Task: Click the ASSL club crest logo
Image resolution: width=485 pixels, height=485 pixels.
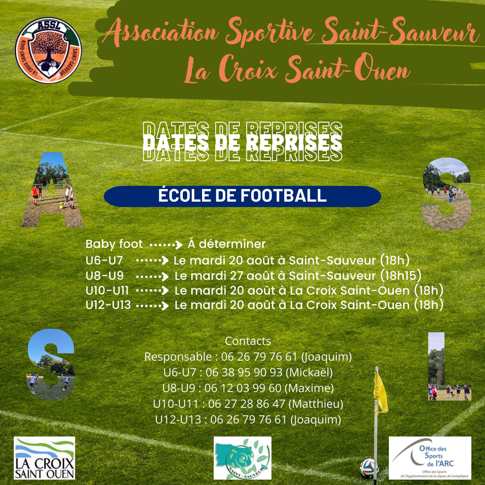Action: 48,50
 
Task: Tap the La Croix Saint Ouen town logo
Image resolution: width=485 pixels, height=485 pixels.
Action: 44,458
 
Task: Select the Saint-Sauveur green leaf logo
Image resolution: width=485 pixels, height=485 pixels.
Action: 242,458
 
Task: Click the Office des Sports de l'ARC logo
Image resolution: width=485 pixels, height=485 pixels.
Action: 430,458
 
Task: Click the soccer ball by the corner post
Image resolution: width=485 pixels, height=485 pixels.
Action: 369,468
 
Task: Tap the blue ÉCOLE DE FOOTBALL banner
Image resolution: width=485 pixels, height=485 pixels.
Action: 242,196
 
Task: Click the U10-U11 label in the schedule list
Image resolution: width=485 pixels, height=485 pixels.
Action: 107,290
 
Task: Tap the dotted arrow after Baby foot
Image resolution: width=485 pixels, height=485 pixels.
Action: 166,245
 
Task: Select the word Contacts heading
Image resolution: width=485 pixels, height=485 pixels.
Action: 248,341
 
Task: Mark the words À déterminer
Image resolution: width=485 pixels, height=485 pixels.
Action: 227,244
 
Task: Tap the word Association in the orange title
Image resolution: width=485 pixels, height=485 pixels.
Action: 163,34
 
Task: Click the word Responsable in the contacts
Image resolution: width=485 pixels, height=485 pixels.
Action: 177,357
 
